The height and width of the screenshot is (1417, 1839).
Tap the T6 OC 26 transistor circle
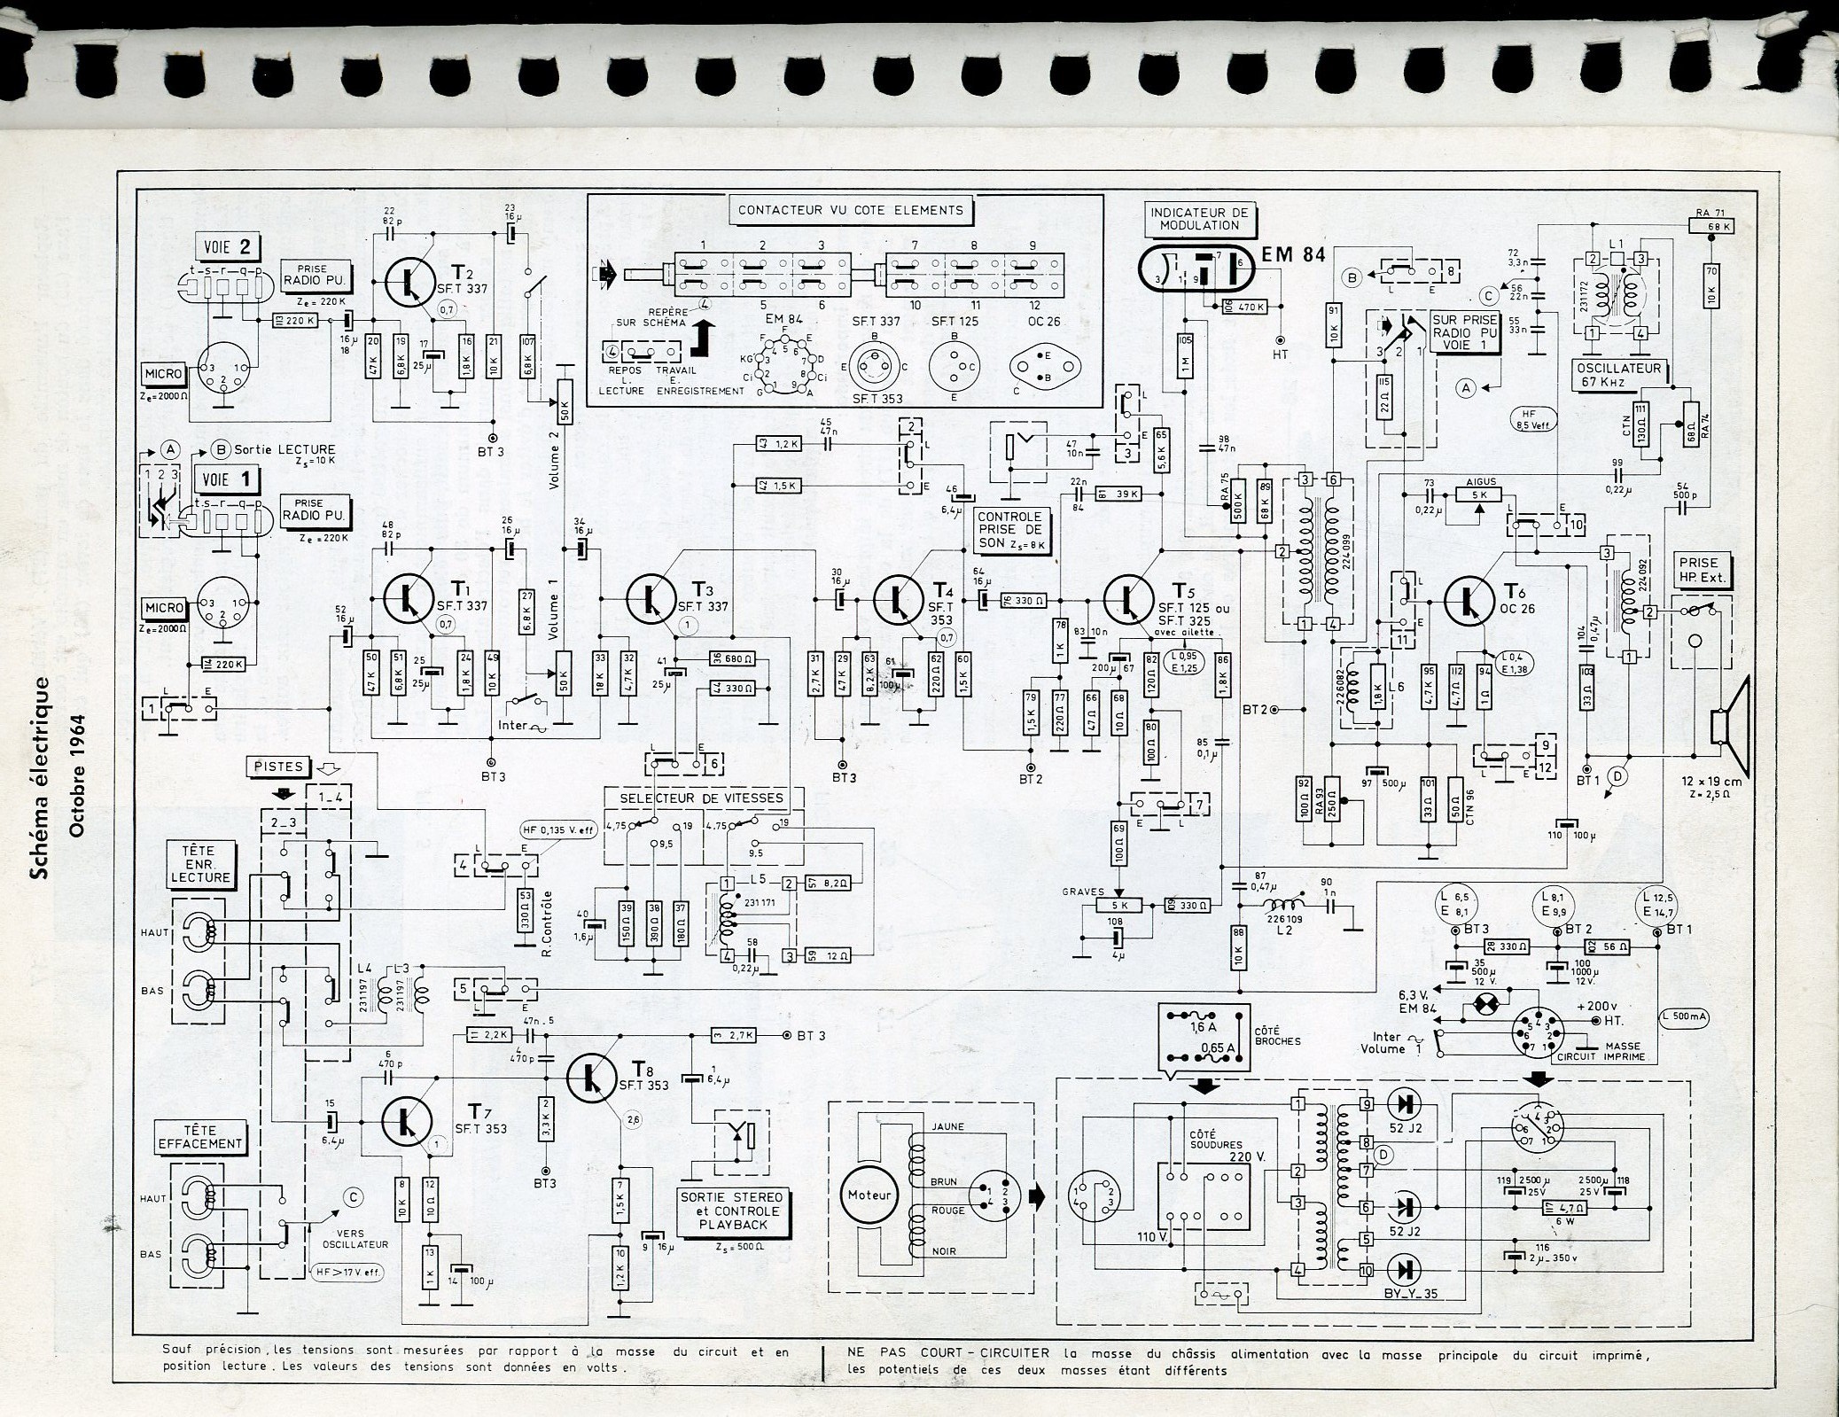click(1472, 600)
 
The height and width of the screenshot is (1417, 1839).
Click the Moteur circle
click(869, 1195)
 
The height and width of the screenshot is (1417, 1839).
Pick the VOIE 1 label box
click(219, 481)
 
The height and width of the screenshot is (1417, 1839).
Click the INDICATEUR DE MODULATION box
click(1199, 218)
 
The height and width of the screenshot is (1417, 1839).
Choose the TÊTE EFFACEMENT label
click(199, 1136)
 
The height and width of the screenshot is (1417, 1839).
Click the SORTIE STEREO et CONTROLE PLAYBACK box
click(731, 1211)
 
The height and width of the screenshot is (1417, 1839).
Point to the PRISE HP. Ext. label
click(1697, 569)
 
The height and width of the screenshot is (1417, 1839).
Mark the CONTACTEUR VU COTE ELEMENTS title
click(850, 210)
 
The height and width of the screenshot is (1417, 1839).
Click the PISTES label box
click(278, 766)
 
